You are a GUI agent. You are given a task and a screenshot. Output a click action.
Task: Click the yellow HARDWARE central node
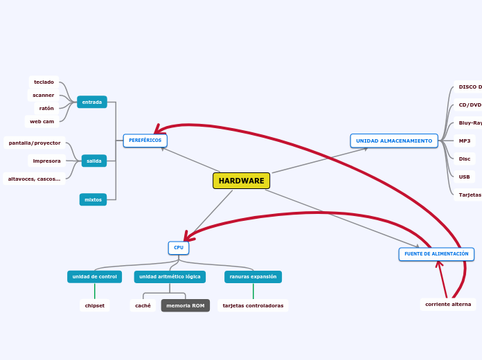241,181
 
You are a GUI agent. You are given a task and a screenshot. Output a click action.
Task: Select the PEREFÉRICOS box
145,141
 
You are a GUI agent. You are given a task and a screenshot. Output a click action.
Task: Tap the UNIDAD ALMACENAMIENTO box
393,141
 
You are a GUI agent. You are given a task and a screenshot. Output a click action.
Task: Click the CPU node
179,247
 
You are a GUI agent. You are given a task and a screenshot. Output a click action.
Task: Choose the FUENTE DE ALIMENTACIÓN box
436,254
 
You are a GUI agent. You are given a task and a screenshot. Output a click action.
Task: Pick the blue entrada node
92,102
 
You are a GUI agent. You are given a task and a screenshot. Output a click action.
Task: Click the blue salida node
94,161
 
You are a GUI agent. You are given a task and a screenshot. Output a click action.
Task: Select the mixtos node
93,199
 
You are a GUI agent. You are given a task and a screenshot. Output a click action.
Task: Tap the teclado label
44,82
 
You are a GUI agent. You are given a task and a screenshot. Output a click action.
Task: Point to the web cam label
42,121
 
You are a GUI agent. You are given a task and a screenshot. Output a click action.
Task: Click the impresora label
46,161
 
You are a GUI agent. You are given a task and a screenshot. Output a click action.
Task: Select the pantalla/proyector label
35,143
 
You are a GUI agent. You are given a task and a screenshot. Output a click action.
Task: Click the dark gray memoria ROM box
185,305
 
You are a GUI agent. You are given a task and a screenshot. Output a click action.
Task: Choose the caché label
143,305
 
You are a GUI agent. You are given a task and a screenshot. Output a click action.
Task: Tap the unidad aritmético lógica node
170,276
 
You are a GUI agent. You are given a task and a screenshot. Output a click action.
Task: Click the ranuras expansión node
253,276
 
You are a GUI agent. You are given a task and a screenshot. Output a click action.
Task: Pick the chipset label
95,305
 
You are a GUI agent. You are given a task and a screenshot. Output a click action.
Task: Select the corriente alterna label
448,304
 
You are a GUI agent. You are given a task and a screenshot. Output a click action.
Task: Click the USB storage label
464,177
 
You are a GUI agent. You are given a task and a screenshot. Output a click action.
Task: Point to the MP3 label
464,141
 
